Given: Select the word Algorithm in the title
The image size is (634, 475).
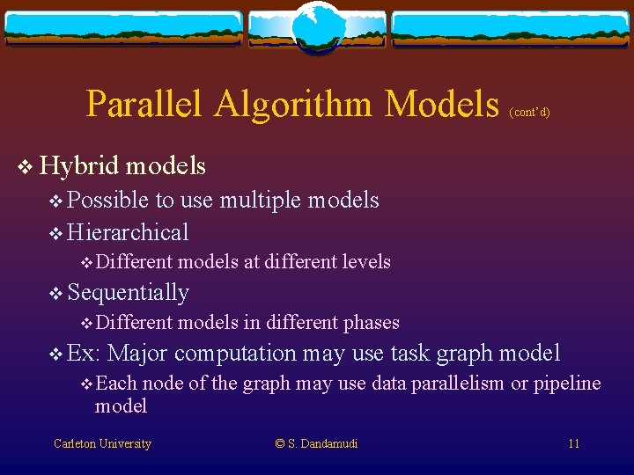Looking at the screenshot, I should [x=294, y=105].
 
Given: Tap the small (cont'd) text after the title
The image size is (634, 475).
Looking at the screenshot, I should [x=529, y=113].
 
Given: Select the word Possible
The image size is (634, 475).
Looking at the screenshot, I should [x=108, y=201].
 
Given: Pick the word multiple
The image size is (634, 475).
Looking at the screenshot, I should [x=260, y=201].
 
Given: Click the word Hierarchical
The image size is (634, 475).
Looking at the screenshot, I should [x=128, y=233].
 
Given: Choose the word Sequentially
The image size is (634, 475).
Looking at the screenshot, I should [x=128, y=292].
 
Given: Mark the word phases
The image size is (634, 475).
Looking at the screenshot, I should [x=372, y=323].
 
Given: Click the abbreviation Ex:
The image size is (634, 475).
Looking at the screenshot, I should [x=84, y=354].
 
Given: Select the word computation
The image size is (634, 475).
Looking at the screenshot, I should [x=235, y=354].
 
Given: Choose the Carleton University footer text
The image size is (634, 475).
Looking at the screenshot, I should [x=102, y=444].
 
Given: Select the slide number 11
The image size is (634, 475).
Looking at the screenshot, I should [x=573, y=444].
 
